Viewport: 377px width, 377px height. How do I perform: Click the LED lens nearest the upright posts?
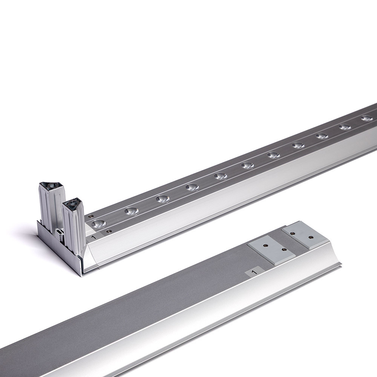(99, 224)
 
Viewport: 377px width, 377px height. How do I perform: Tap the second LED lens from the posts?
(132, 211)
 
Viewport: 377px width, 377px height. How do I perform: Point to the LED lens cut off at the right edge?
(369, 118)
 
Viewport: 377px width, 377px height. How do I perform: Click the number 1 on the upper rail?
(94, 237)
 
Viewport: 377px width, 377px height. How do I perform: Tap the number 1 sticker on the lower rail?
(253, 272)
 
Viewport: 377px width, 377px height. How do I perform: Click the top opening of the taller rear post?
(51, 186)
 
